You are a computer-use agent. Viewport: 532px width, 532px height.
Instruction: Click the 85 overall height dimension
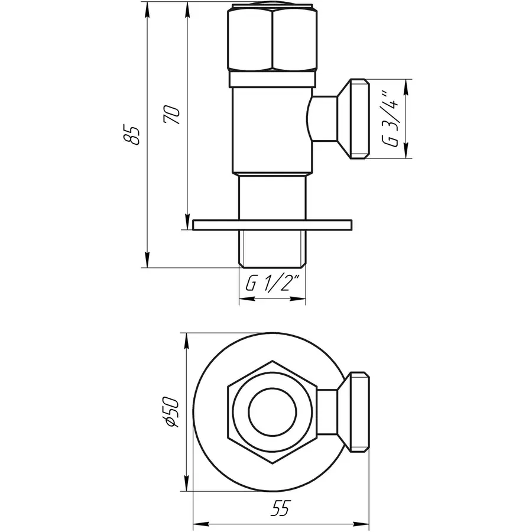(x=134, y=135)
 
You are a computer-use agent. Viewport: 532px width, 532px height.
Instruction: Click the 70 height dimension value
(x=172, y=115)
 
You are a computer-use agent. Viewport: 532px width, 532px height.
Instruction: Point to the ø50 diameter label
(x=171, y=411)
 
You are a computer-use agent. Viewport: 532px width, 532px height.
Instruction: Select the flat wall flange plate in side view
(x=273, y=224)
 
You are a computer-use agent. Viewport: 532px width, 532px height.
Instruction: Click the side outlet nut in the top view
(x=357, y=411)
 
